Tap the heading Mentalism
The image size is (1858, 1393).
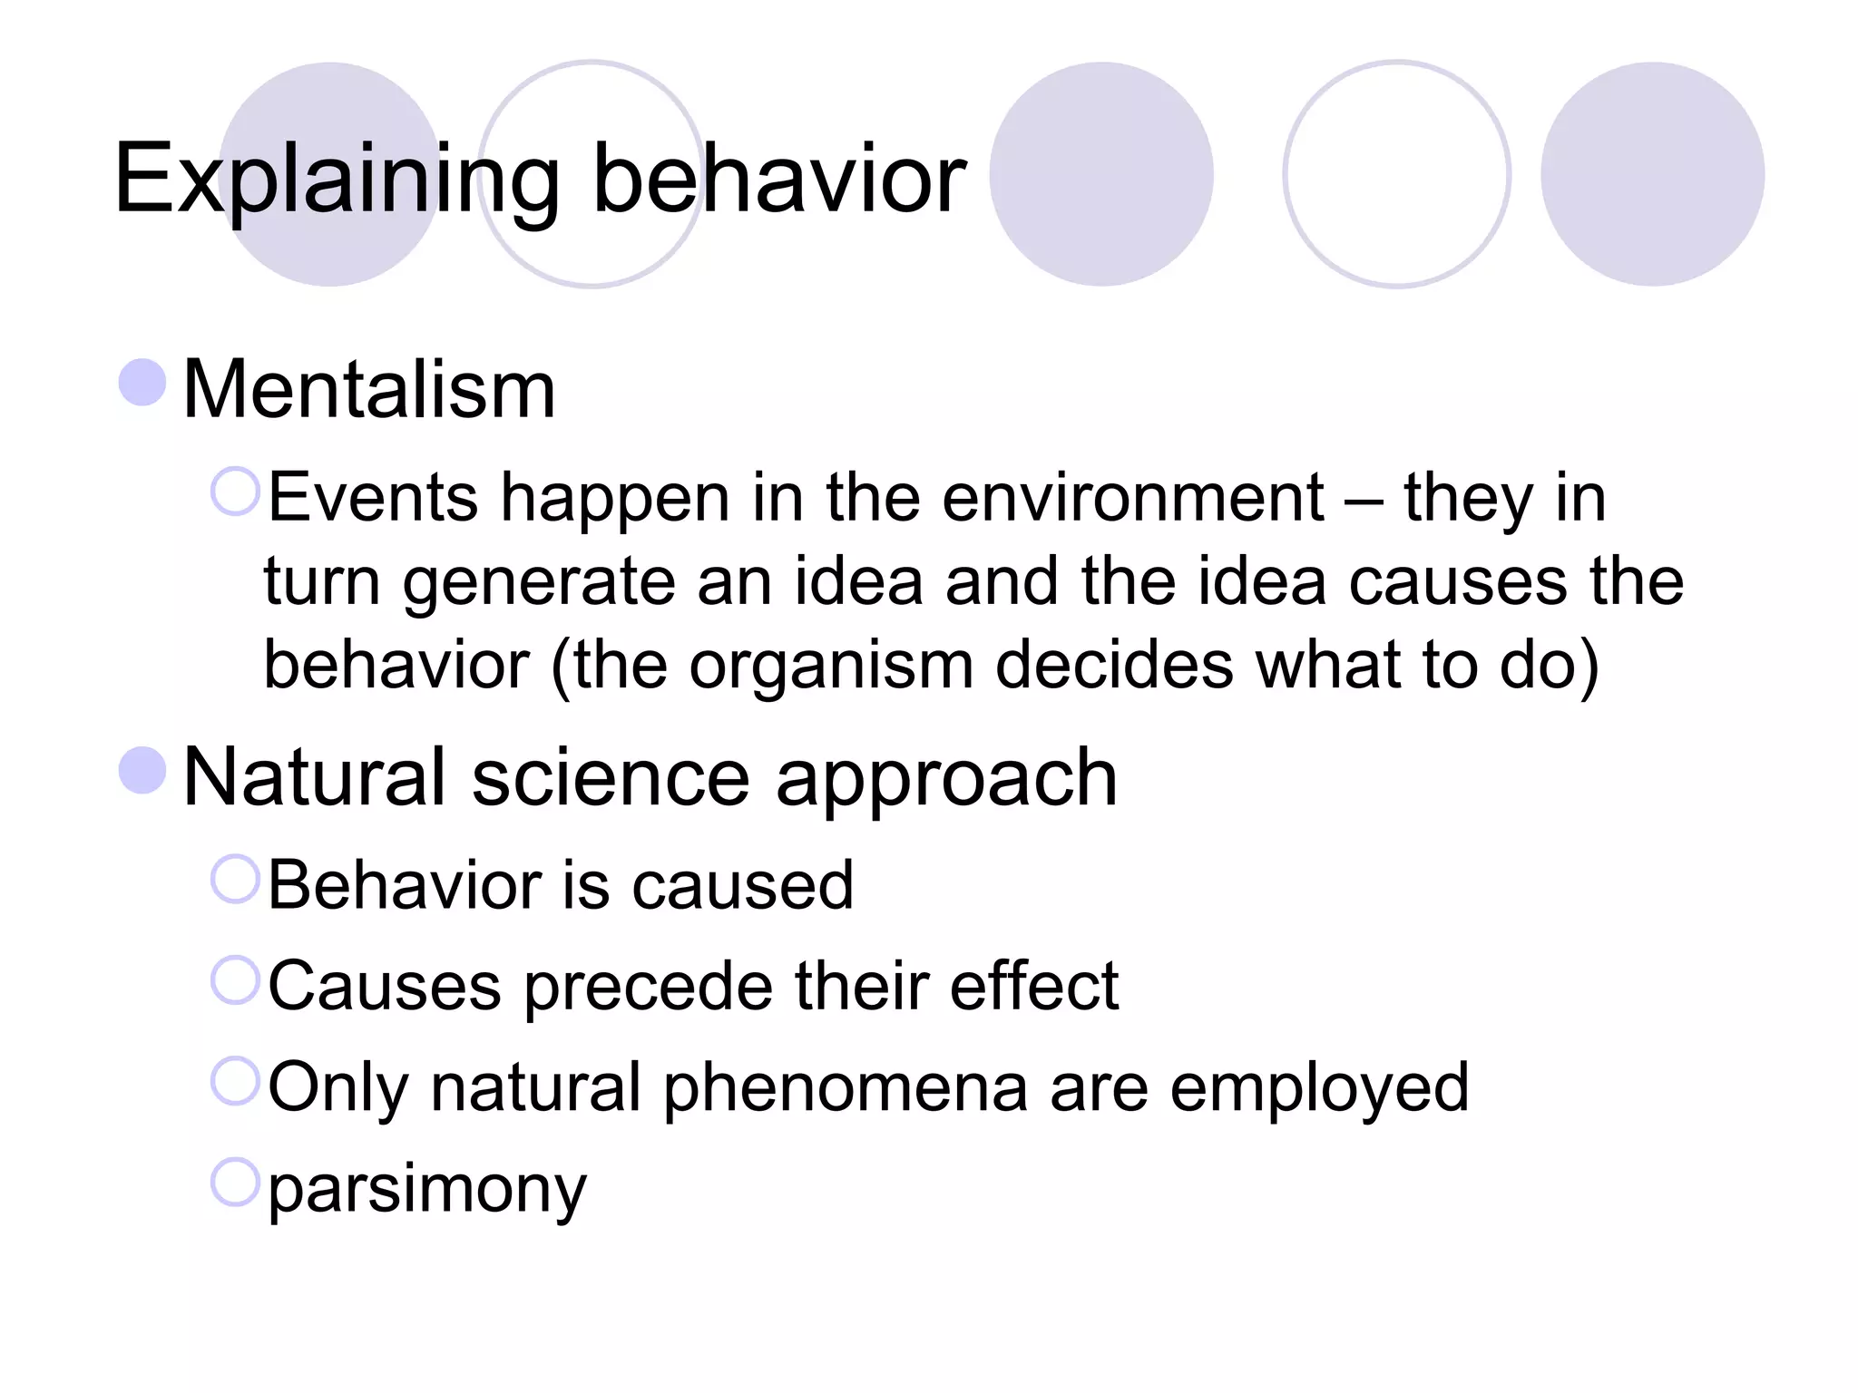pyautogui.click(x=369, y=390)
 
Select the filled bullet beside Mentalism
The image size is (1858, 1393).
pyautogui.click(x=142, y=382)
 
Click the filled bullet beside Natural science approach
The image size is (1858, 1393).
pyautogui.click(x=142, y=770)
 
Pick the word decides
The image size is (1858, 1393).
pyautogui.click(x=1114, y=664)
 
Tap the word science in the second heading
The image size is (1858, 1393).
pyautogui.click(x=611, y=777)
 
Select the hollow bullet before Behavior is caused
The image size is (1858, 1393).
pyautogui.click(x=236, y=878)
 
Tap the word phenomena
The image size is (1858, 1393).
pyautogui.click(x=846, y=1087)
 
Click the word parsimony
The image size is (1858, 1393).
pyautogui.click(x=427, y=1189)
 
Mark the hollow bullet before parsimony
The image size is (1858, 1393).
pyautogui.click(x=236, y=1182)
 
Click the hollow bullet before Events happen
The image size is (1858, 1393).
pyautogui.click(x=236, y=491)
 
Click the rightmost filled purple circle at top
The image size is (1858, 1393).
pyautogui.click(x=1652, y=174)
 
